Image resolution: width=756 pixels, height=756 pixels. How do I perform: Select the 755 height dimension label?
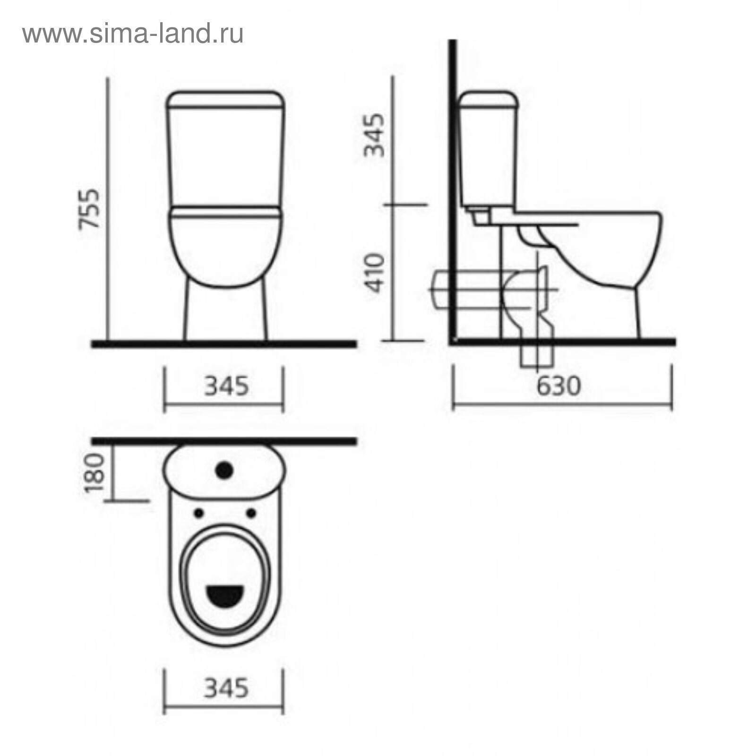[89, 209]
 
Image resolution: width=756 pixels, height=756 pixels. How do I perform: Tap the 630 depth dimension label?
[558, 386]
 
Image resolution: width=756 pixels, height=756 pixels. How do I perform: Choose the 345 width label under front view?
[226, 386]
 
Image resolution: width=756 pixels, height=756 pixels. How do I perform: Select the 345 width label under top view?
[226, 688]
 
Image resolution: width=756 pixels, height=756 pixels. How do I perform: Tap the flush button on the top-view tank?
[224, 470]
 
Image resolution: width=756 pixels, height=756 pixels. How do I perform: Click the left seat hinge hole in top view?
[199, 513]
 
